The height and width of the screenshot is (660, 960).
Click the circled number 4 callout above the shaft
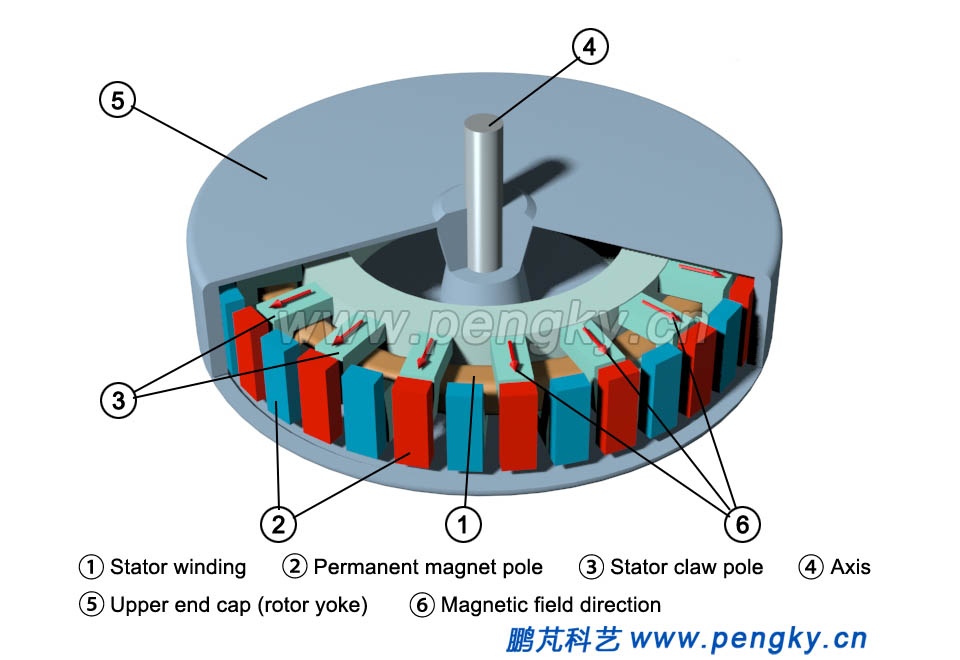(x=589, y=46)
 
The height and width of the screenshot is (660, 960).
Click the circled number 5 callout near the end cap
(x=117, y=100)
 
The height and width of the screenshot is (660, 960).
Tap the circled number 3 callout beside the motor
(x=118, y=400)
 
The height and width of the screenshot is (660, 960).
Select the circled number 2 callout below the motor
(x=278, y=523)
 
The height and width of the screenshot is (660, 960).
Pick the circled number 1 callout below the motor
(x=463, y=523)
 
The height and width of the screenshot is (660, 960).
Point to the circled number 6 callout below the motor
(x=742, y=523)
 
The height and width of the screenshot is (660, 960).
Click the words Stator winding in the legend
(x=178, y=567)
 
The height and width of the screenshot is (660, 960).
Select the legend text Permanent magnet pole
(x=428, y=567)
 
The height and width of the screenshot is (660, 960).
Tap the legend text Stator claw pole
(x=686, y=567)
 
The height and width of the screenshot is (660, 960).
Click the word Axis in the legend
(x=850, y=567)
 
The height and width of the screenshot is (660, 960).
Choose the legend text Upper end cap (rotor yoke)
(x=239, y=605)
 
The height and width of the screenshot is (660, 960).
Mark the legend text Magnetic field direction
(x=550, y=605)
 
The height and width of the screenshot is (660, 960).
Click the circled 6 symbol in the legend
(x=422, y=605)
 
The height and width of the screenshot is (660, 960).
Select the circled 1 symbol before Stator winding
(x=91, y=567)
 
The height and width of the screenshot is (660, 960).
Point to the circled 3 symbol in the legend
(x=591, y=567)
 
